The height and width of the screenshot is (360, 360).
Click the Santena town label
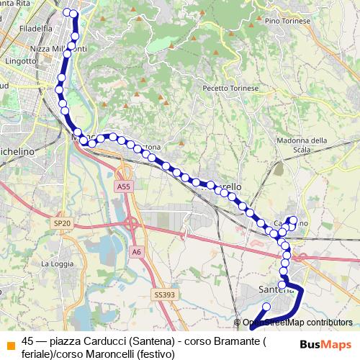274,289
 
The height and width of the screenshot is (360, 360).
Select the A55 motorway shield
123,186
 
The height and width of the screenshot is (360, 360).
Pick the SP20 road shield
62,224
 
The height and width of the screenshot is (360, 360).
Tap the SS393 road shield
163,295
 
